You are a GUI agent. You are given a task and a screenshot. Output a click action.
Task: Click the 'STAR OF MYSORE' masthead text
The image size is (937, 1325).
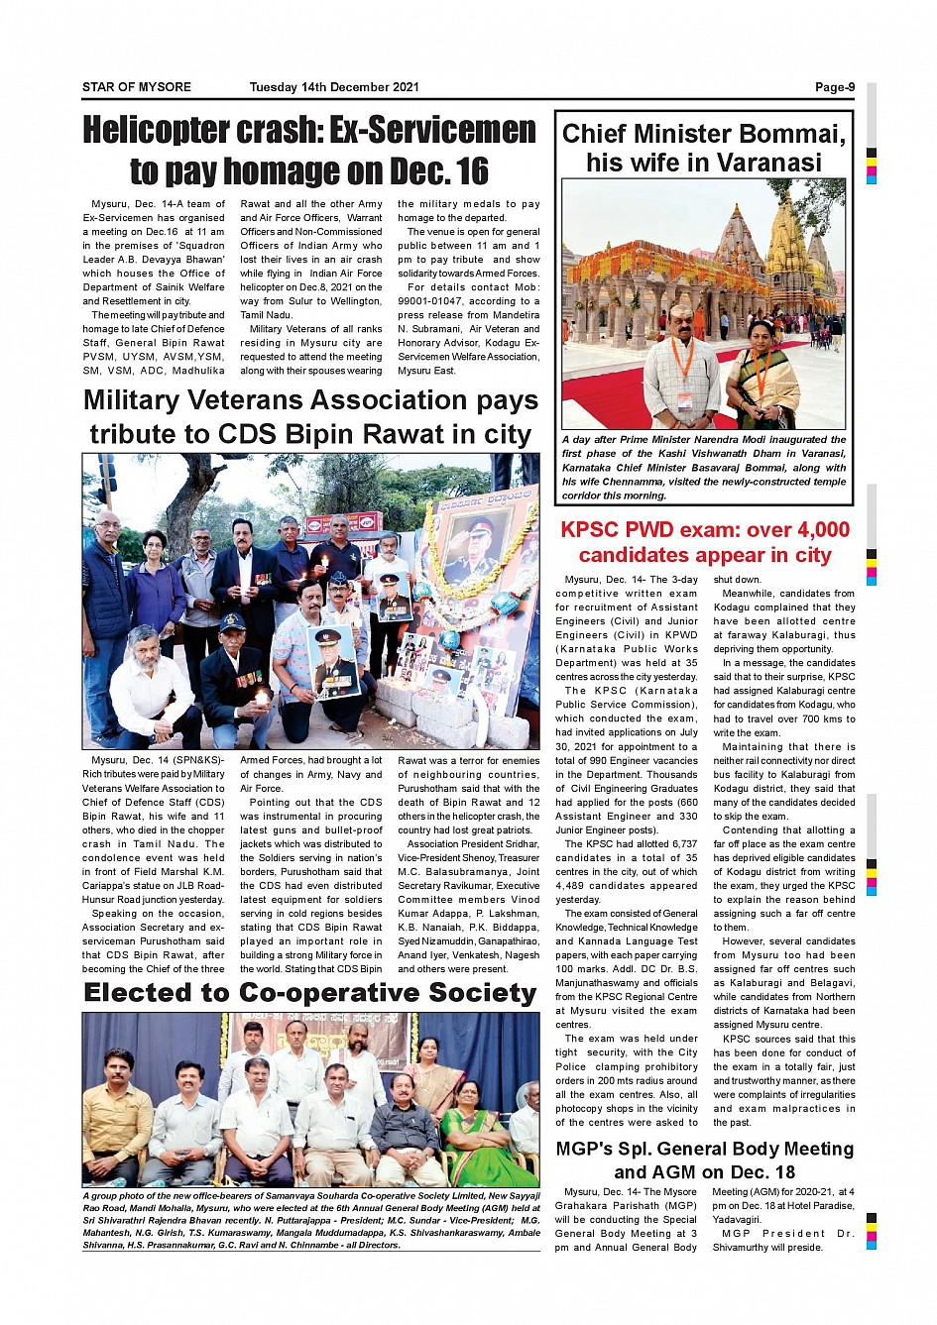[x=137, y=87]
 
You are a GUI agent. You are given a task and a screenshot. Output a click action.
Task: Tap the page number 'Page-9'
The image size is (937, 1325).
[x=835, y=87]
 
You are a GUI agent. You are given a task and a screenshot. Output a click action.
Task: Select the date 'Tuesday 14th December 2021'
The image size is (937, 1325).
[x=334, y=87]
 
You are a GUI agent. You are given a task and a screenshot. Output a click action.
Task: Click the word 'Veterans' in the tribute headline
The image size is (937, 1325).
[x=300, y=400]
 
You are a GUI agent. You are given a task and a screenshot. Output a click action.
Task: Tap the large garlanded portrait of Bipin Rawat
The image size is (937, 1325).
[x=467, y=555]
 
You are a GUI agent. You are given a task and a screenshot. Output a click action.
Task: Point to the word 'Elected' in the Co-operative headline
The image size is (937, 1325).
[x=144, y=993]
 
